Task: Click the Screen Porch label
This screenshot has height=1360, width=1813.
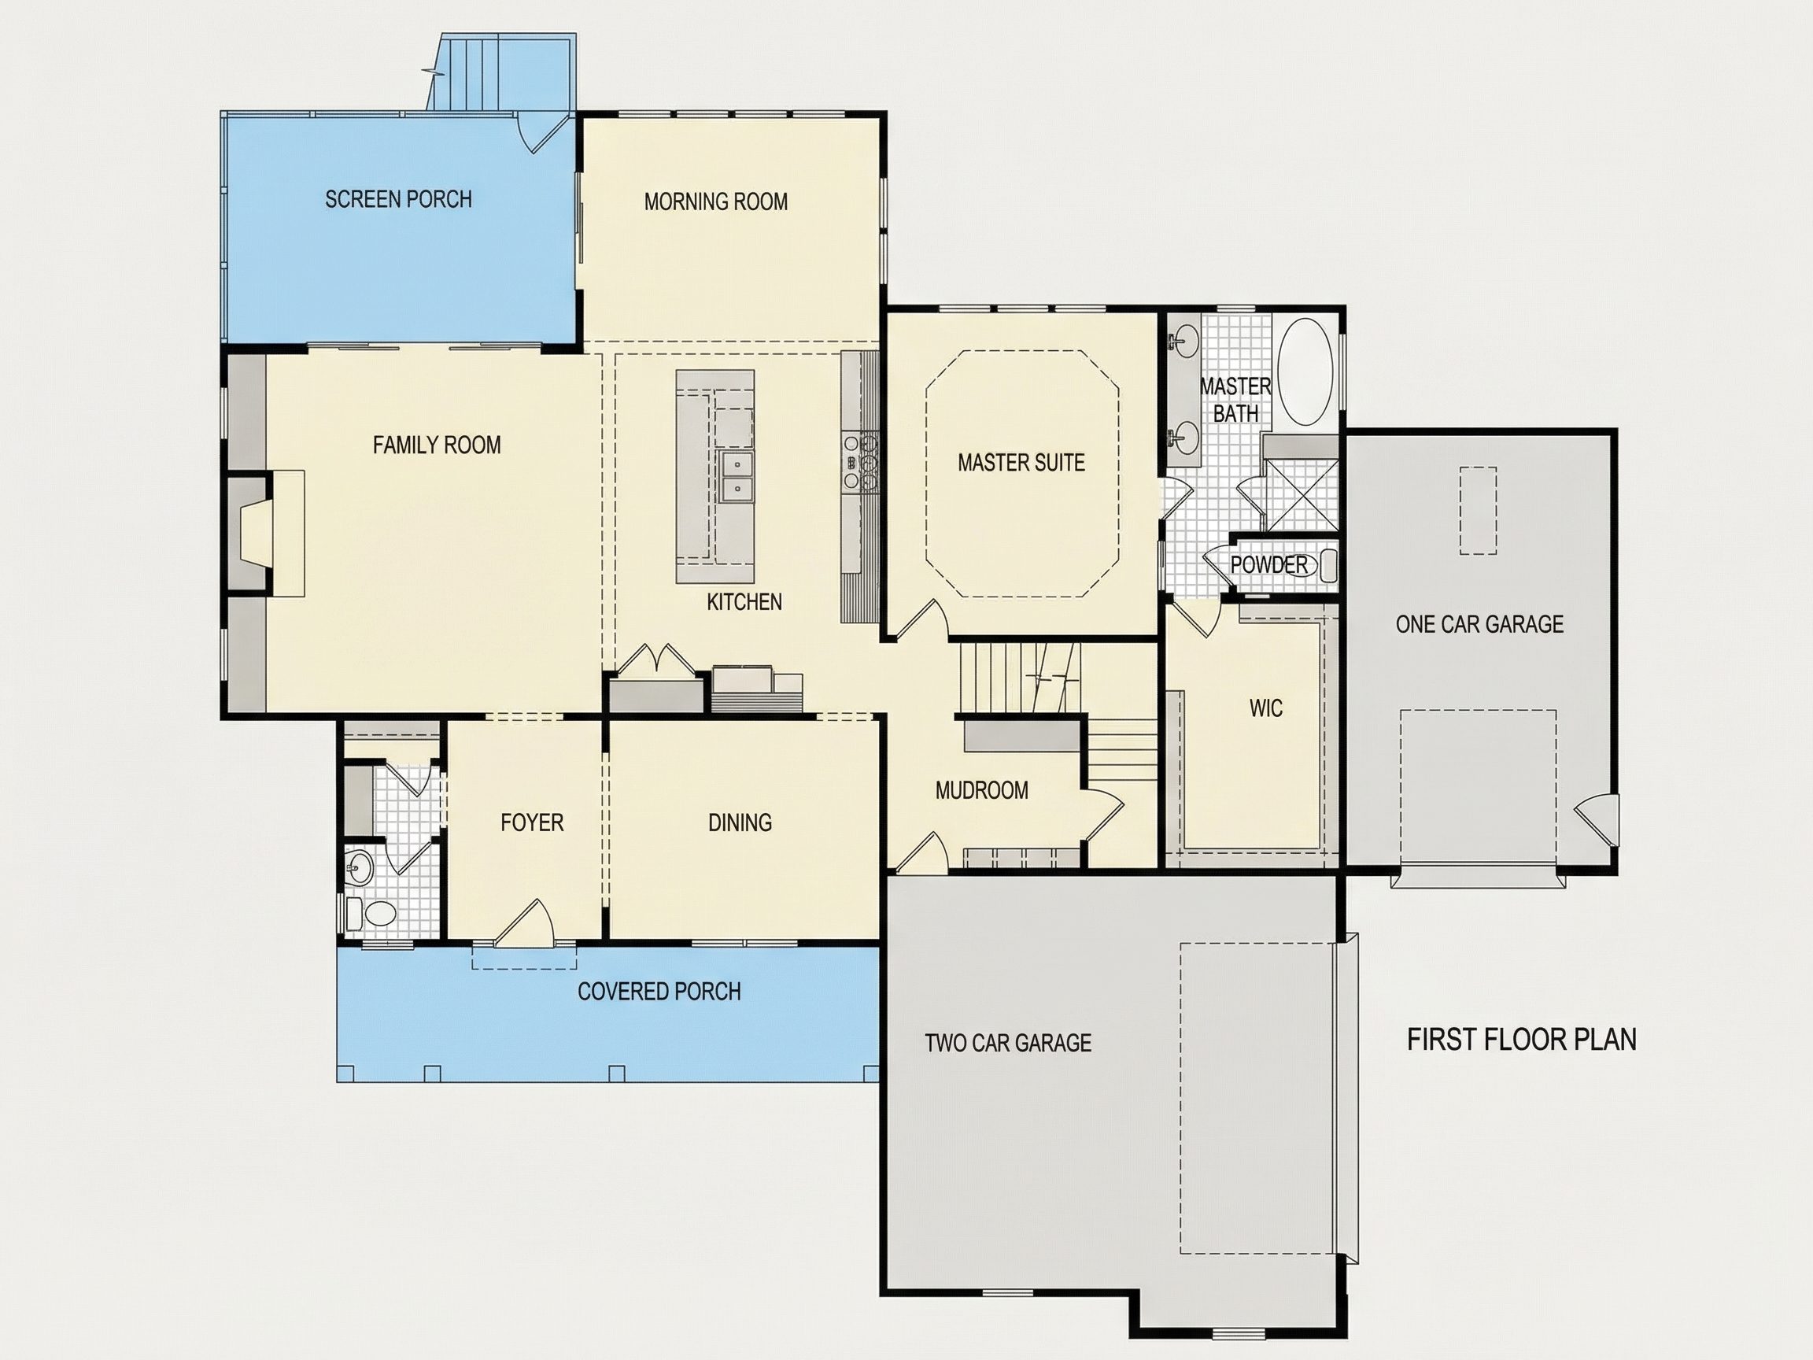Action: pos(398,199)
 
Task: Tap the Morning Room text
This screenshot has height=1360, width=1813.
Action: pos(715,201)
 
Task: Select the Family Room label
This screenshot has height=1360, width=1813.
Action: pos(437,445)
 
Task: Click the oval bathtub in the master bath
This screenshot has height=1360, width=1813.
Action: pos(1307,371)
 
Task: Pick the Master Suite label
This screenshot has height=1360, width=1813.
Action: pos(1021,462)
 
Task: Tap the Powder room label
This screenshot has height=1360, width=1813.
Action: pos(1268,565)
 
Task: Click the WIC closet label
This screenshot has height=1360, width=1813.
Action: pos(1266,708)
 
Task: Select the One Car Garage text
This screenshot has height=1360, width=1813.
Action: pos(1479,625)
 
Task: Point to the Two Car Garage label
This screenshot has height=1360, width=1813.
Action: pos(1008,1043)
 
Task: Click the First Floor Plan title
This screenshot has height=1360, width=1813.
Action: pos(1522,1040)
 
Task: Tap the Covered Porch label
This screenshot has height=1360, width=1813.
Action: pos(659,992)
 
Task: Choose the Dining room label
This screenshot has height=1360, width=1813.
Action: pos(740,822)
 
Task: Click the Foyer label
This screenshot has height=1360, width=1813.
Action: pos(532,822)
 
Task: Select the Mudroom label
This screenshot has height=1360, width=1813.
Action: pos(982,790)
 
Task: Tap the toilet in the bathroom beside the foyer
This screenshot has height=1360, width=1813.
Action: pos(373,912)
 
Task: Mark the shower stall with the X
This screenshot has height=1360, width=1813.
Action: pos(1302,495)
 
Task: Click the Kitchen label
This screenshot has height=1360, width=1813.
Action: pos(744,603)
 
